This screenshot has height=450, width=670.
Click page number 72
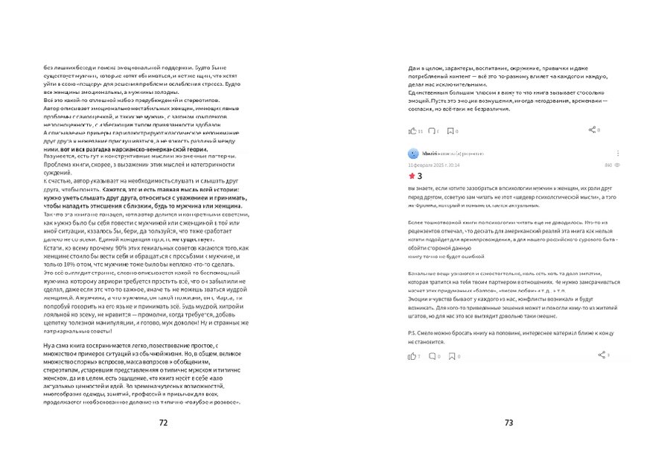tap(163, 422)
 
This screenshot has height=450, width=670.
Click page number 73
tap(509, 422)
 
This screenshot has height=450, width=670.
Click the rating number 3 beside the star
tap(421, 177)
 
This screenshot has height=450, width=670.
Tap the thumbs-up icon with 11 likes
tap(411, 131)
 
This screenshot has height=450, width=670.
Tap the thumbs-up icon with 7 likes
tap(411, 357)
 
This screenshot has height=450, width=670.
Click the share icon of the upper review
tap(592, 130)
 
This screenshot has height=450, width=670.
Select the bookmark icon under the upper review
tap(450, 131)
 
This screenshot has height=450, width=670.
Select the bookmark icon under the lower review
tap(450, 357)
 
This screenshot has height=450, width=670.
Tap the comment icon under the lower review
tap(431, 357)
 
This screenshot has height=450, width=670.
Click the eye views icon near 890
tap(618, 165)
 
